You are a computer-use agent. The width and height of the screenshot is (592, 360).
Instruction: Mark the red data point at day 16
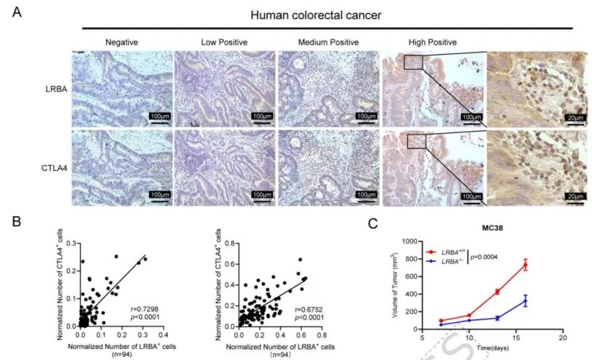524,265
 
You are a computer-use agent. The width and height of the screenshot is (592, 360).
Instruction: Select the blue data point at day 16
524,301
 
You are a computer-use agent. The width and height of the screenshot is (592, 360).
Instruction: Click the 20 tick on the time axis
561,338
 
